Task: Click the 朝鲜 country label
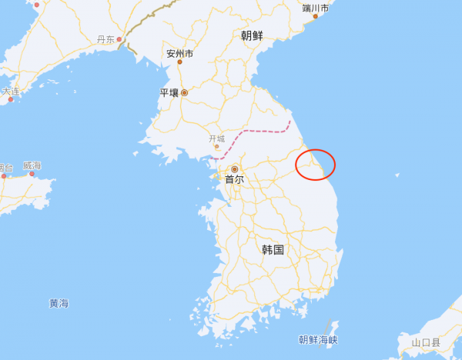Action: [x=251, y=35]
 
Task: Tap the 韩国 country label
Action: [x=273, y=250]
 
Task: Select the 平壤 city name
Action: [x=169, y=92]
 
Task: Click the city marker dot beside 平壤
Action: [x=184, y=92]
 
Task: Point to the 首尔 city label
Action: [x=234, y=179]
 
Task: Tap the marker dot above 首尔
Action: [x=235, y=168]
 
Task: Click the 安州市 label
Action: [x=180, y=54]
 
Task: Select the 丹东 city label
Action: [x=105, y=39]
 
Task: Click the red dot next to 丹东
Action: [x=119, y=39]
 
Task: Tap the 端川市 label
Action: [x=316, y=8]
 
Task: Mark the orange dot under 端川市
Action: [x=315, y=16]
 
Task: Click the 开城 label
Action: [x=218, y=139]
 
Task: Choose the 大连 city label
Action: [x=11, y=91]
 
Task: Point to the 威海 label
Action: [x=32, y=165]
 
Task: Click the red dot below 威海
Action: [x=32, y=174]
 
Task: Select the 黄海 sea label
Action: [x=59, y=303]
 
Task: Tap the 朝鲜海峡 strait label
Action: [x=318, y=339]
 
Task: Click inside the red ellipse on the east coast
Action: [x=316, y=165]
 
